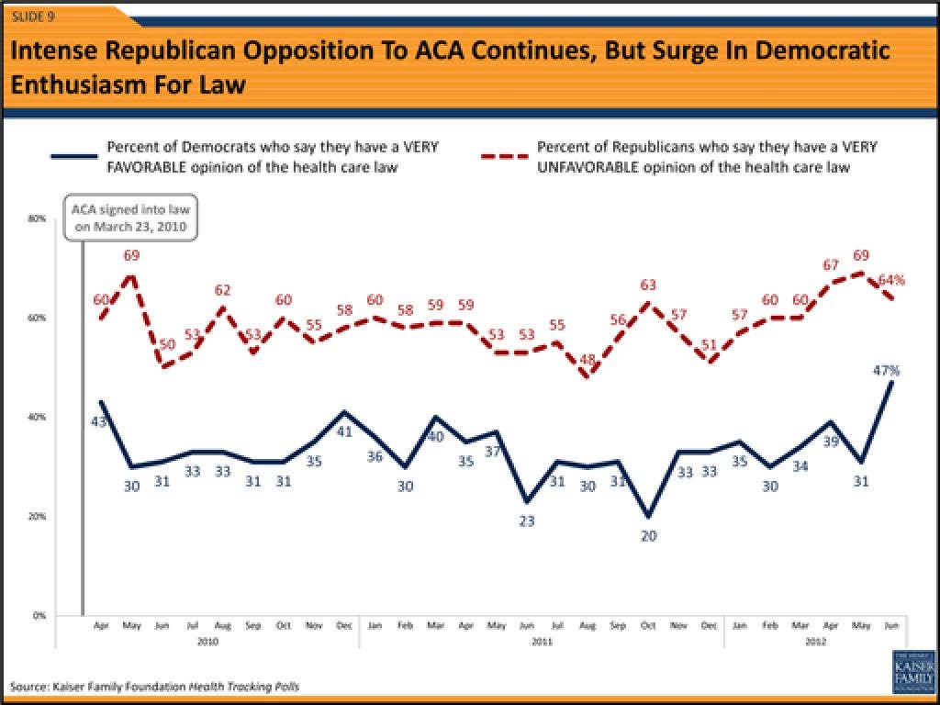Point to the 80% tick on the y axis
[39, 218]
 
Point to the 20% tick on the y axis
[39, 516]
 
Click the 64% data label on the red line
[892, 279]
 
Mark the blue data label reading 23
[527, 520]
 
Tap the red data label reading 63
[649, 285]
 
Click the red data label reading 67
[832, 265]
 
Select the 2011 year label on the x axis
[542, 643]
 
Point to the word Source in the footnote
[30, 686]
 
